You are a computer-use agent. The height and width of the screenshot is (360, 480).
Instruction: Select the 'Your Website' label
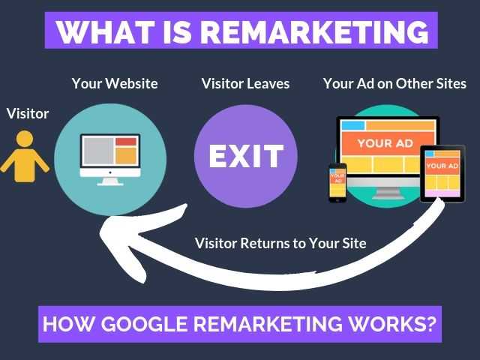[115, 83]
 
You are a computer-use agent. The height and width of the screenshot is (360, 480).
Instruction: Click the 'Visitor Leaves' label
[245, 83]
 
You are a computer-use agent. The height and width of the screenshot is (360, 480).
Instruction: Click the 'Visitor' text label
[28, 114]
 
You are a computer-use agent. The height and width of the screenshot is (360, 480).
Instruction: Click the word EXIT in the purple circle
[246, 157]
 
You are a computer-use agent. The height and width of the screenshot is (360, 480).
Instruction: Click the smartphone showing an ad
[337, 182]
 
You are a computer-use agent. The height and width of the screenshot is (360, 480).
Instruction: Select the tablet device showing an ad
[442, 172]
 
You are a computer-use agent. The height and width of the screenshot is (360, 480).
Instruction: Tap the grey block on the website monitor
[98, 153]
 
